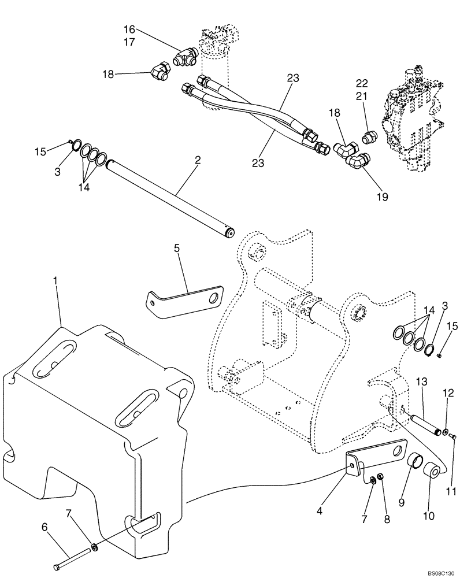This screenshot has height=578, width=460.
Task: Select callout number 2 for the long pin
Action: pyautogui.click(x=198, y=160)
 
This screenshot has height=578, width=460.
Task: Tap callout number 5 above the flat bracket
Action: pyautogui.click(x=177, y=248)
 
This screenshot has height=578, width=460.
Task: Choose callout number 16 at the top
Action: pyautogui.click(x=129, y=28)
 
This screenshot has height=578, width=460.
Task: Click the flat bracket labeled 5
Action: pyautogui.click(x=185, y=299)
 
